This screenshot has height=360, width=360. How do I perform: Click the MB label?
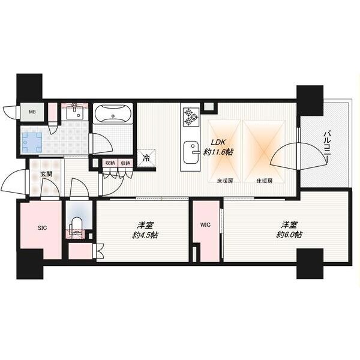pos(32,112)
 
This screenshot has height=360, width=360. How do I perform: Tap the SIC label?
pos(42,228)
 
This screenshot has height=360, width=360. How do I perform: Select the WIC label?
pos(205,225)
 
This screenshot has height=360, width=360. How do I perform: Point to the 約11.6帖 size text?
pos(218,152)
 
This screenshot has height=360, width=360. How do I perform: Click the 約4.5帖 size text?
pos(145,235)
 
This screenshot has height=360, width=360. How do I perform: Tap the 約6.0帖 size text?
pos(289,235)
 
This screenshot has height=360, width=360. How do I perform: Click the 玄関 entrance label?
pos(46,174)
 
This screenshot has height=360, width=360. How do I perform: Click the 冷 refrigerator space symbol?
pos(146,158)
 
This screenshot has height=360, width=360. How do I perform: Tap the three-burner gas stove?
pos(191,117)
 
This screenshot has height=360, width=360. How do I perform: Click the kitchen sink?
pos(191,152)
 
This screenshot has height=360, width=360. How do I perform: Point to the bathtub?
pos(113,113)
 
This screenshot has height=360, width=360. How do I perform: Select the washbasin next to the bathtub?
pos(74,112)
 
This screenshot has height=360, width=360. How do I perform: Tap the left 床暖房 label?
pos(225,181)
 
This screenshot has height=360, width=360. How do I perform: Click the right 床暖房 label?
pos(264,181)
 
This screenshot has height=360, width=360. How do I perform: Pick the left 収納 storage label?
pos(110,163)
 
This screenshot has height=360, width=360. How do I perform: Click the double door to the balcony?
pos(299,155)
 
